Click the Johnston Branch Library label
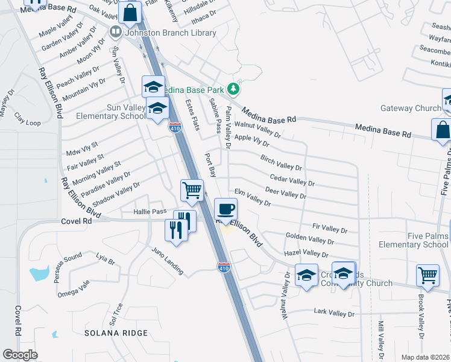pyautogui.click(x=169, y=33)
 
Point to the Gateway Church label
pyautogui.click(x=411, y=109)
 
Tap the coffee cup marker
pyautogui.click(x=226, y=209)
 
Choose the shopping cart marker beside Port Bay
pyautogui.click(x=192, y=190)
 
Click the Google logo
pyautogui.click(x=20, y=355)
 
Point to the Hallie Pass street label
pyautogui.click(x=150, y=212)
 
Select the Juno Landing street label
pyautogui.click(x=168, y=261)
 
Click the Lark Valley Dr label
pyautogui.click(x=334, y=313)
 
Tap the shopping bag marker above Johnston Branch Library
pyautogui.click(x=130, y=12)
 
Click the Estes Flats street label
pyautogui.click(x=192, y=115)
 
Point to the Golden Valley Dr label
pyautogui.click(x=309, y=238)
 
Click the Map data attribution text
pyautogui.click(x=424, y=357)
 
